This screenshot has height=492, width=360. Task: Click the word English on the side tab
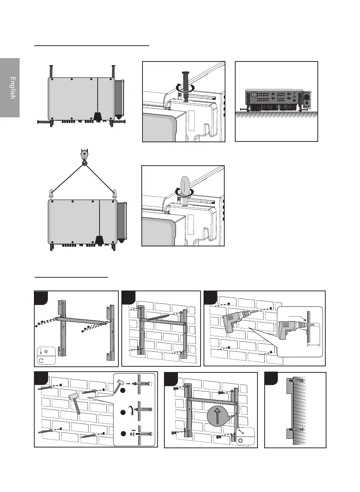12,88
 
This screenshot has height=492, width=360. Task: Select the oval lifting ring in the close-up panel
185,185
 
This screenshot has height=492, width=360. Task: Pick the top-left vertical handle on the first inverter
51,71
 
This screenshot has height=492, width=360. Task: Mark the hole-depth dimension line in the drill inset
314,344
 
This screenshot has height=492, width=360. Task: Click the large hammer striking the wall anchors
75,402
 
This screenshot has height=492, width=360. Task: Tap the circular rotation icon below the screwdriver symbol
41,360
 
